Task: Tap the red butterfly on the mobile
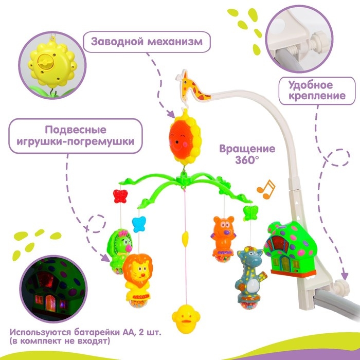point(119,196)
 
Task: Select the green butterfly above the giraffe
point(250,212)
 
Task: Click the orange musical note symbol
point(266,189)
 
